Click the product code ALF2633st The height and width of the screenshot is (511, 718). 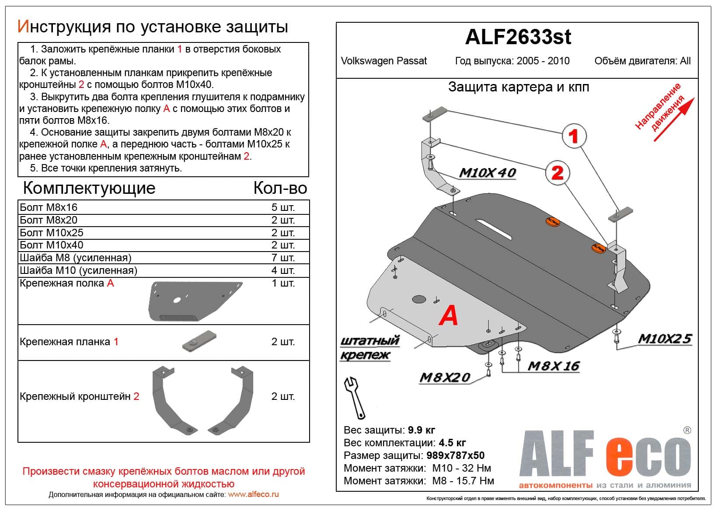[x=518, y=37]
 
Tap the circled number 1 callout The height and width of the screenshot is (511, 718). [x=573, y=136]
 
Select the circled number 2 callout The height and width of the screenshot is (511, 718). [x=557, y=173]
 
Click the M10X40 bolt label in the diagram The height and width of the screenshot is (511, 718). [x=487, y=173]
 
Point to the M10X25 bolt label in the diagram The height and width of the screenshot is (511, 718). [x=664, y=339]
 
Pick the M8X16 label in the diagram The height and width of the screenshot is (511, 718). [x=553, y=366]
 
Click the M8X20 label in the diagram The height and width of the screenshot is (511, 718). [x=444, y=377]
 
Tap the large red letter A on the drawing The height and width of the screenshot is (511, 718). [x=449, y=315]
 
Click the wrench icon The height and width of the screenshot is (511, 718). [x=355, y=397]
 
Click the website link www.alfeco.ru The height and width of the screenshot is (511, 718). [x=253, y=494]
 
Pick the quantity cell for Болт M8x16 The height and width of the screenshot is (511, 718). [x=282, y=207]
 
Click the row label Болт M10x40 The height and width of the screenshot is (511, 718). [x=52, y=245]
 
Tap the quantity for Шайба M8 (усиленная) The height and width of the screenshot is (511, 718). [x=282, y=258]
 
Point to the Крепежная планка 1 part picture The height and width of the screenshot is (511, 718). [x=199, y=341]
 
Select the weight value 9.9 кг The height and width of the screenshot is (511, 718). [x=421, y=430]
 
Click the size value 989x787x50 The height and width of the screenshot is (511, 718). [x=455, y=455]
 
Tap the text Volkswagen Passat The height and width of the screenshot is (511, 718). [x=383, y=61]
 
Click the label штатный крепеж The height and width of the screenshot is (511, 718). [x=369, y=348]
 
